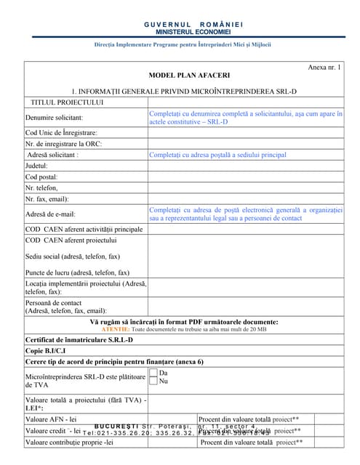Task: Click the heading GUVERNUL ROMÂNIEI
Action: (193, 25)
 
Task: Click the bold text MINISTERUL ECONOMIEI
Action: (193, 33)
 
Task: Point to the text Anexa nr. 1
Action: (324, 67)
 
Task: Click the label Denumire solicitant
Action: (54, 118)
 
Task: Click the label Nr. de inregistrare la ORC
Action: (63, 144)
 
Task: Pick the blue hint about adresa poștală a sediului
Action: (217, 155)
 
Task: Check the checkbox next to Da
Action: (153, 373)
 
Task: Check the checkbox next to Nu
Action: (153, 381)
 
